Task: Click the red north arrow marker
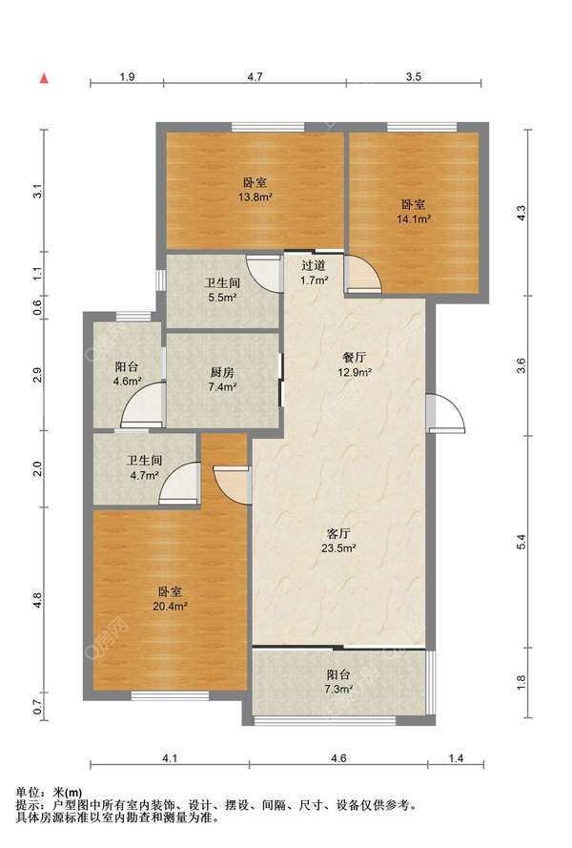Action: pyautogui.click(x=45, y=78)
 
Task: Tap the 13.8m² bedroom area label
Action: pyautogui.click(x=255, y=190)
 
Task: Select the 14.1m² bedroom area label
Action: pyautogui.click(x=414, y=212)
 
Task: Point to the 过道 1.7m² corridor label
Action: pyautogui.click(x=314, y=273)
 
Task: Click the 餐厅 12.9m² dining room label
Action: pyautogui.click(x=355, y=364)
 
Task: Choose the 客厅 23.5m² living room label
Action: pyautogui.click(x=338, y=541)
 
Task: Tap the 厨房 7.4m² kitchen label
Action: pyautogui.click(x=222, y=380)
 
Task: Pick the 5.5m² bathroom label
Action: pyautogui.click(x=222, y=289)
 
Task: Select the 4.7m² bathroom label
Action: pyautogui.click(x=144, y=467)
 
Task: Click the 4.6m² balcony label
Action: pyautogui.click(x=127, y=374)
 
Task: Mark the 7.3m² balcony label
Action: pyautogui.click(x=339, y=681)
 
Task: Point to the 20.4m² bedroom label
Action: pyautogui.click(x=170, y=599)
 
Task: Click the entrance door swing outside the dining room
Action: pyautogui.click(x=445, y=414)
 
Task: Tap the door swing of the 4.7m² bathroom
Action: pyautogui.click(x=179, y=484)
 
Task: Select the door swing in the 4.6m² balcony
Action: pyautogui.click(x=143, y=405)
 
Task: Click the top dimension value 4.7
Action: pyautogui.click(x=255, y=77)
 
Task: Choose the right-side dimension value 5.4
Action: pyautogui.click(x=521, y=542)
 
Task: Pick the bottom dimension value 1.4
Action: pyautogui.click(x=456, y=758)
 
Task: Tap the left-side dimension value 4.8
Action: pyautogui.click(x=37, y=600)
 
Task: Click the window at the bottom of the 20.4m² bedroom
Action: pyautogui.click(x=170, y=696)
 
